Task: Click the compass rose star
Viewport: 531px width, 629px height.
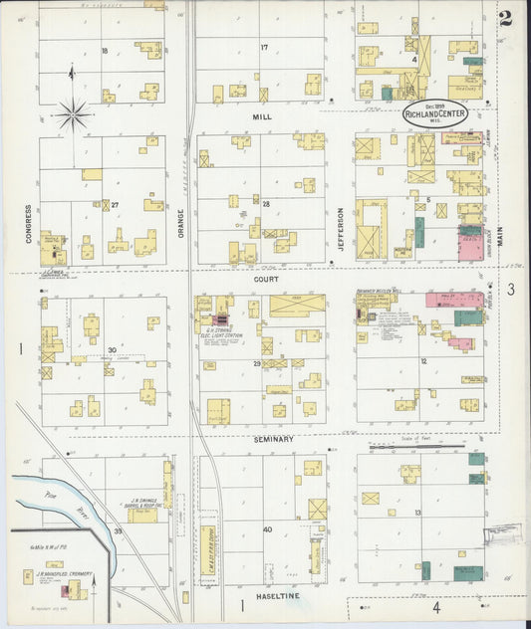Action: coord(73,114)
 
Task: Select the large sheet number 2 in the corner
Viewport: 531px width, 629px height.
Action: coord(507,17)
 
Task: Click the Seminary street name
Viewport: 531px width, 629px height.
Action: coord(273,439)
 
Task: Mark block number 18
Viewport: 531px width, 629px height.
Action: coord(104,50)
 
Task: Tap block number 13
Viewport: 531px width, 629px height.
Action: coord(418,512)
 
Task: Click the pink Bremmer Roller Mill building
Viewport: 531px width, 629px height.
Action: coord(445,299)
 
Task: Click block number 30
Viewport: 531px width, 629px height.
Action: coord(112,349)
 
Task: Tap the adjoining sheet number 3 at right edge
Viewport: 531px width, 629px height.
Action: coord(509,290)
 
